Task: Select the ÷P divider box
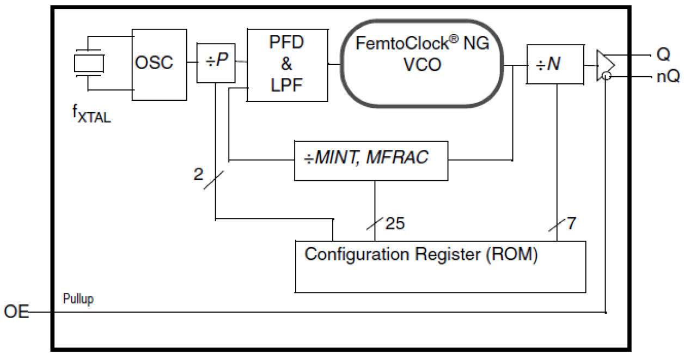click(216, 62)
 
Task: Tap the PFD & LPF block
click(288, 65)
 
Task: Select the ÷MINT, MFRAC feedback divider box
click(371, 160)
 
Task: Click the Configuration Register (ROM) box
click(440, 266)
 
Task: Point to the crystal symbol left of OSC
click(89, 63)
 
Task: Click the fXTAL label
click(93, 115)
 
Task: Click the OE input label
click(16, 313)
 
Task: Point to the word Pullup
click(78, 300)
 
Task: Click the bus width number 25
click(395, 223)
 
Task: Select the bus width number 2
click(198, 174)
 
